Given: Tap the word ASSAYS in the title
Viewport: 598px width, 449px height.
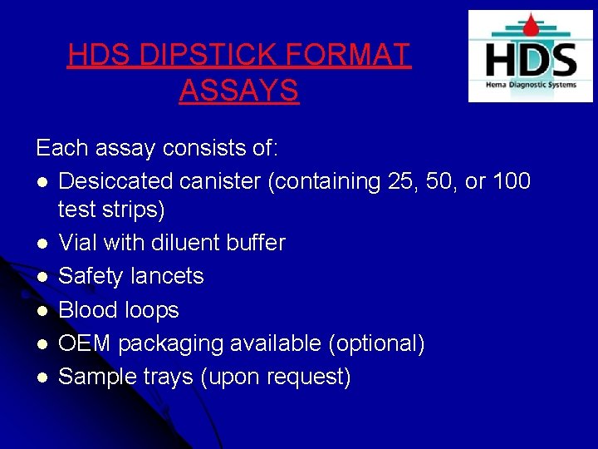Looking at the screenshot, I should (x=238, y=91).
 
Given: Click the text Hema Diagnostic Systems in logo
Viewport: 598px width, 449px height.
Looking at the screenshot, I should (x=531, y=85).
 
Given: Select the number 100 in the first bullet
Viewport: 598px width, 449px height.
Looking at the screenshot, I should (x=512, y=181).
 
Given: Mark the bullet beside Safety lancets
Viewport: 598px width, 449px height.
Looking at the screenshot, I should (x=42, y=277).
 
